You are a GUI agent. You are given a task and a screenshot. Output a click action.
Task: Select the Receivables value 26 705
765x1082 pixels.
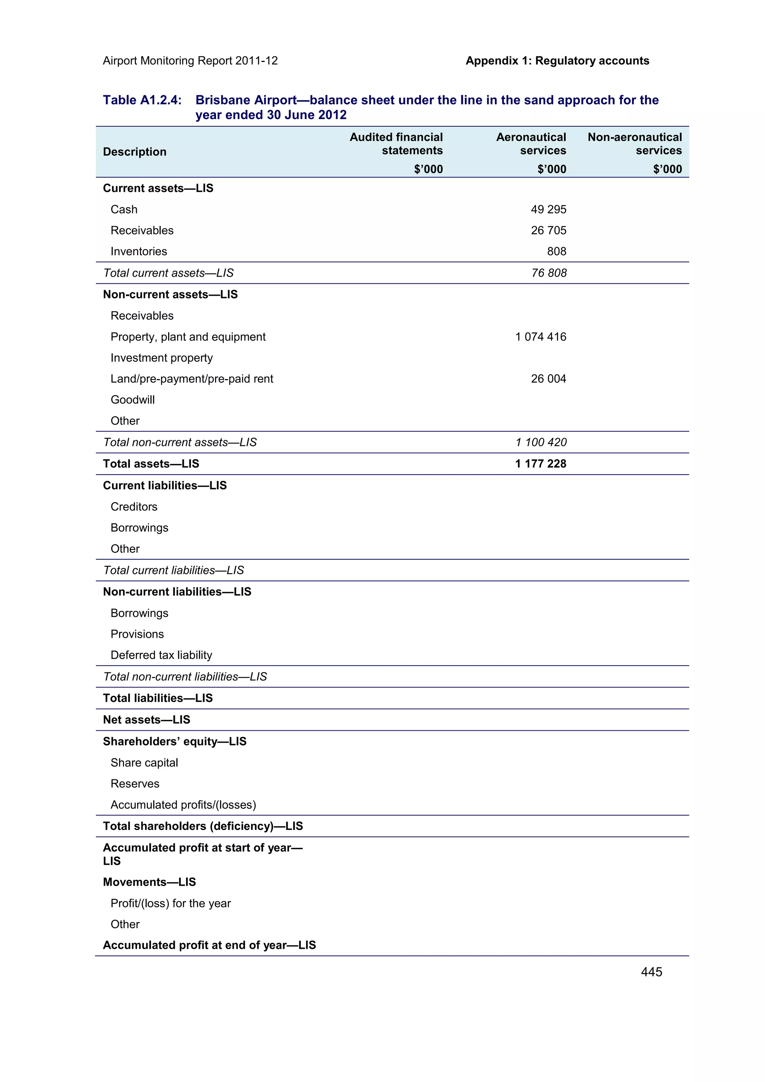(548, 230)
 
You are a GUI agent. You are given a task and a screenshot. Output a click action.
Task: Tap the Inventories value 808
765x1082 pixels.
(556, 251)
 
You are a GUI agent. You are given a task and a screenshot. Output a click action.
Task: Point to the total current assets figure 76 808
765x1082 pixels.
(549, 273)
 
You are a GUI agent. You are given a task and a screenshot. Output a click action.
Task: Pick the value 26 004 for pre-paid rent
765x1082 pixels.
(548, 379)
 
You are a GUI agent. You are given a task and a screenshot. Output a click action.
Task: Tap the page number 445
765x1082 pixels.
(651, 972)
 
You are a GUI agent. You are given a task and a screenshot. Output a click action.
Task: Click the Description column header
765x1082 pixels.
(134, 152)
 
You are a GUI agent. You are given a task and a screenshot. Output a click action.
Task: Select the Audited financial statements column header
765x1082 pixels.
(396, 144)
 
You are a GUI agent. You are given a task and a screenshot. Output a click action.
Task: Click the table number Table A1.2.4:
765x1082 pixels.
(142, 100)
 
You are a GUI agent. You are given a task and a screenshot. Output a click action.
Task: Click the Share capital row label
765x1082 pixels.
(144, 762)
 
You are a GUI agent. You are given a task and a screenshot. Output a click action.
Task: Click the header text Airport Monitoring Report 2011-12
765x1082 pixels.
(190, 61)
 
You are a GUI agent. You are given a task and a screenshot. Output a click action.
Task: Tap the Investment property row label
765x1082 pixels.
(161, 358)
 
